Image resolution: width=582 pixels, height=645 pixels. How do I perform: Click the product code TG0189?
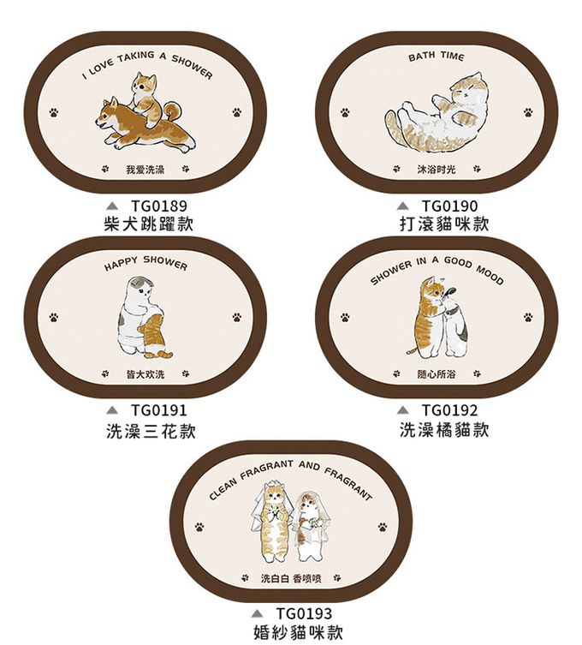click(x=159, y=206)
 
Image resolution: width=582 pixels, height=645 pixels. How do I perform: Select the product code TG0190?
click(x=450, y=206)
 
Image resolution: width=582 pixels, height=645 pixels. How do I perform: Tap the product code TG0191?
click(x=159, y=410)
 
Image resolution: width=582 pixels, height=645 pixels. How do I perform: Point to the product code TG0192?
click(x=450, y=410)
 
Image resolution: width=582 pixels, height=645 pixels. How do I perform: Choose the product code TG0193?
click(x=304, y=613)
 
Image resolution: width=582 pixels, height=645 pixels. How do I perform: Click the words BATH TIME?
click(x=436, y=57)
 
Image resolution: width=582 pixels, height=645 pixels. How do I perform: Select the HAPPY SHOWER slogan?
click(x=145, y=264)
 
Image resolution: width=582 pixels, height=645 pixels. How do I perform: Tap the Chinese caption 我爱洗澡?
click(x=145, y=169)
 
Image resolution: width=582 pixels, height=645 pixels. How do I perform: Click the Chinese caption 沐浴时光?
click(x=436, y=169)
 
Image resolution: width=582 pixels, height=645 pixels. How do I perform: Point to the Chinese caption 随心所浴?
click(x=436, y=374)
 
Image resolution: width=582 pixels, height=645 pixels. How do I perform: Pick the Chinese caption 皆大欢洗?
click(x=145, y=374)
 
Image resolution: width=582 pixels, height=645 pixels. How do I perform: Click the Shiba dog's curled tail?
click(x=173, y=111)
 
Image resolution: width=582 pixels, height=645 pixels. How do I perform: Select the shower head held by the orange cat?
click(x=448, y=291)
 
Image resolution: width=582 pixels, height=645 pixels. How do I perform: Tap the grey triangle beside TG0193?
click(x=257, y=614)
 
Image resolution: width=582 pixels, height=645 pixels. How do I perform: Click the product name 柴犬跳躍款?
click(x=149, y=224)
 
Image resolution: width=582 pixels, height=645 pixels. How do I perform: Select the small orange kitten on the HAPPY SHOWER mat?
click(x=154, y=336)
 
